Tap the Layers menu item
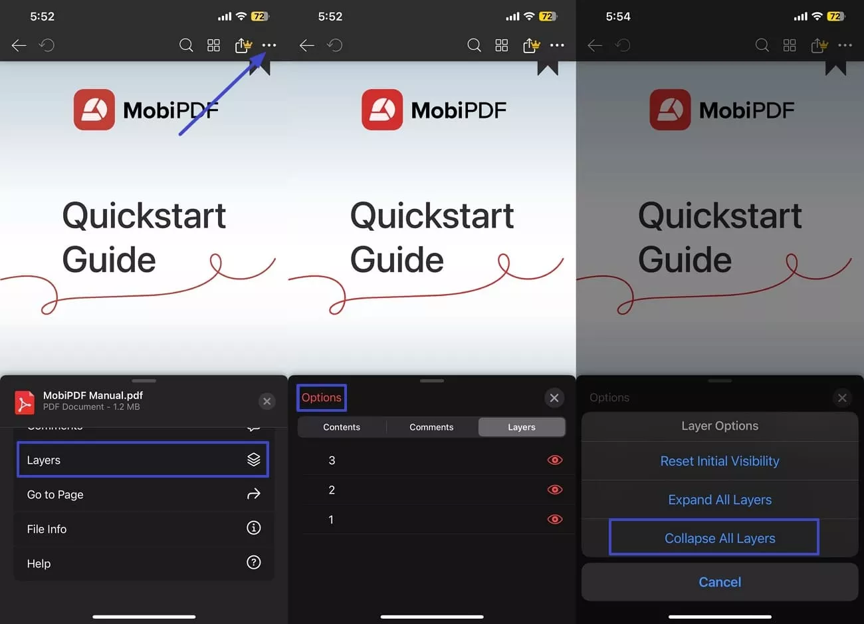coord(142,460)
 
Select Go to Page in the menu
coord(142,494)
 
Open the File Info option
coord(142,529)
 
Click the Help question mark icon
coord(253,563)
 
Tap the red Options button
coord(321,398)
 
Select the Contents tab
coord(342,427)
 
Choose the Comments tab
coord(431,427)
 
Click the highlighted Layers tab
coord(522,427)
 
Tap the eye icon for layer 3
coord(554,460)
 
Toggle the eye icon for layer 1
coord(554,520)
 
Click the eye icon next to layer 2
coord(554,490)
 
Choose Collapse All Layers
coord(720,538)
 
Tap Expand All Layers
coord(720,500)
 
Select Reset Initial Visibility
coord(720,461)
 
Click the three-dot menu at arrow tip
coord(269,45)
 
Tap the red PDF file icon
coord(25,402)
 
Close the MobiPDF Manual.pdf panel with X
coord(267,401)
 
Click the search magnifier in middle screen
coord(474,45)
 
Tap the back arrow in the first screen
coord(19,45)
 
